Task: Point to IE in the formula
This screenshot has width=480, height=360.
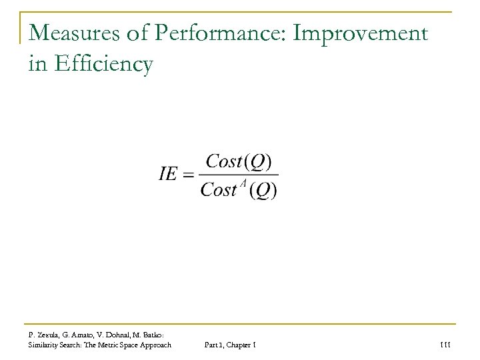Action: pyautogui.click(x=170, y=176)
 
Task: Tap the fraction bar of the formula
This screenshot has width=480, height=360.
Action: pyautogui.click(x=239, y=176)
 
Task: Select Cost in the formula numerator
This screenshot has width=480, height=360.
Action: pyautogui.click(x=225, y=163)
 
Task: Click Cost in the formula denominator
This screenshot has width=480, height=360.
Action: pyautogui.click(x=218, y=191)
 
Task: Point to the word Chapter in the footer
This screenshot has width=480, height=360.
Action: pyautogui.click(x=240, y=343)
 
